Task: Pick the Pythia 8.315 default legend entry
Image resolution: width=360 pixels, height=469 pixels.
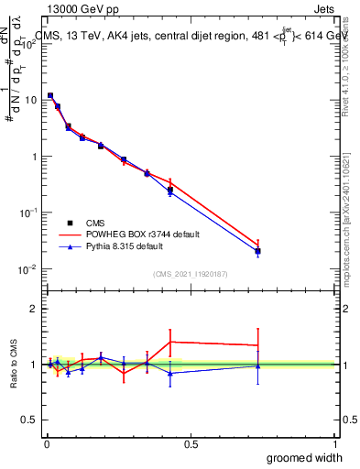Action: point(129,246)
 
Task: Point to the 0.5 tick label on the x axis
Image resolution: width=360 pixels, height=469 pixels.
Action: point(191,444)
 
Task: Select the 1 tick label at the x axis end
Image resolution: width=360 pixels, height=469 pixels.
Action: point(334,444)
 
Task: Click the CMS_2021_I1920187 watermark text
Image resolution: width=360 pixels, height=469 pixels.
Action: point(191,274)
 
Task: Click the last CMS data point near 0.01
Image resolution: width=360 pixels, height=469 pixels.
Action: point(258,251)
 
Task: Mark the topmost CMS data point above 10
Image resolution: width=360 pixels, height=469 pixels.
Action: point(50,95)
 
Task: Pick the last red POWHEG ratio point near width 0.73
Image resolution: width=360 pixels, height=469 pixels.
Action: point(258,345)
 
